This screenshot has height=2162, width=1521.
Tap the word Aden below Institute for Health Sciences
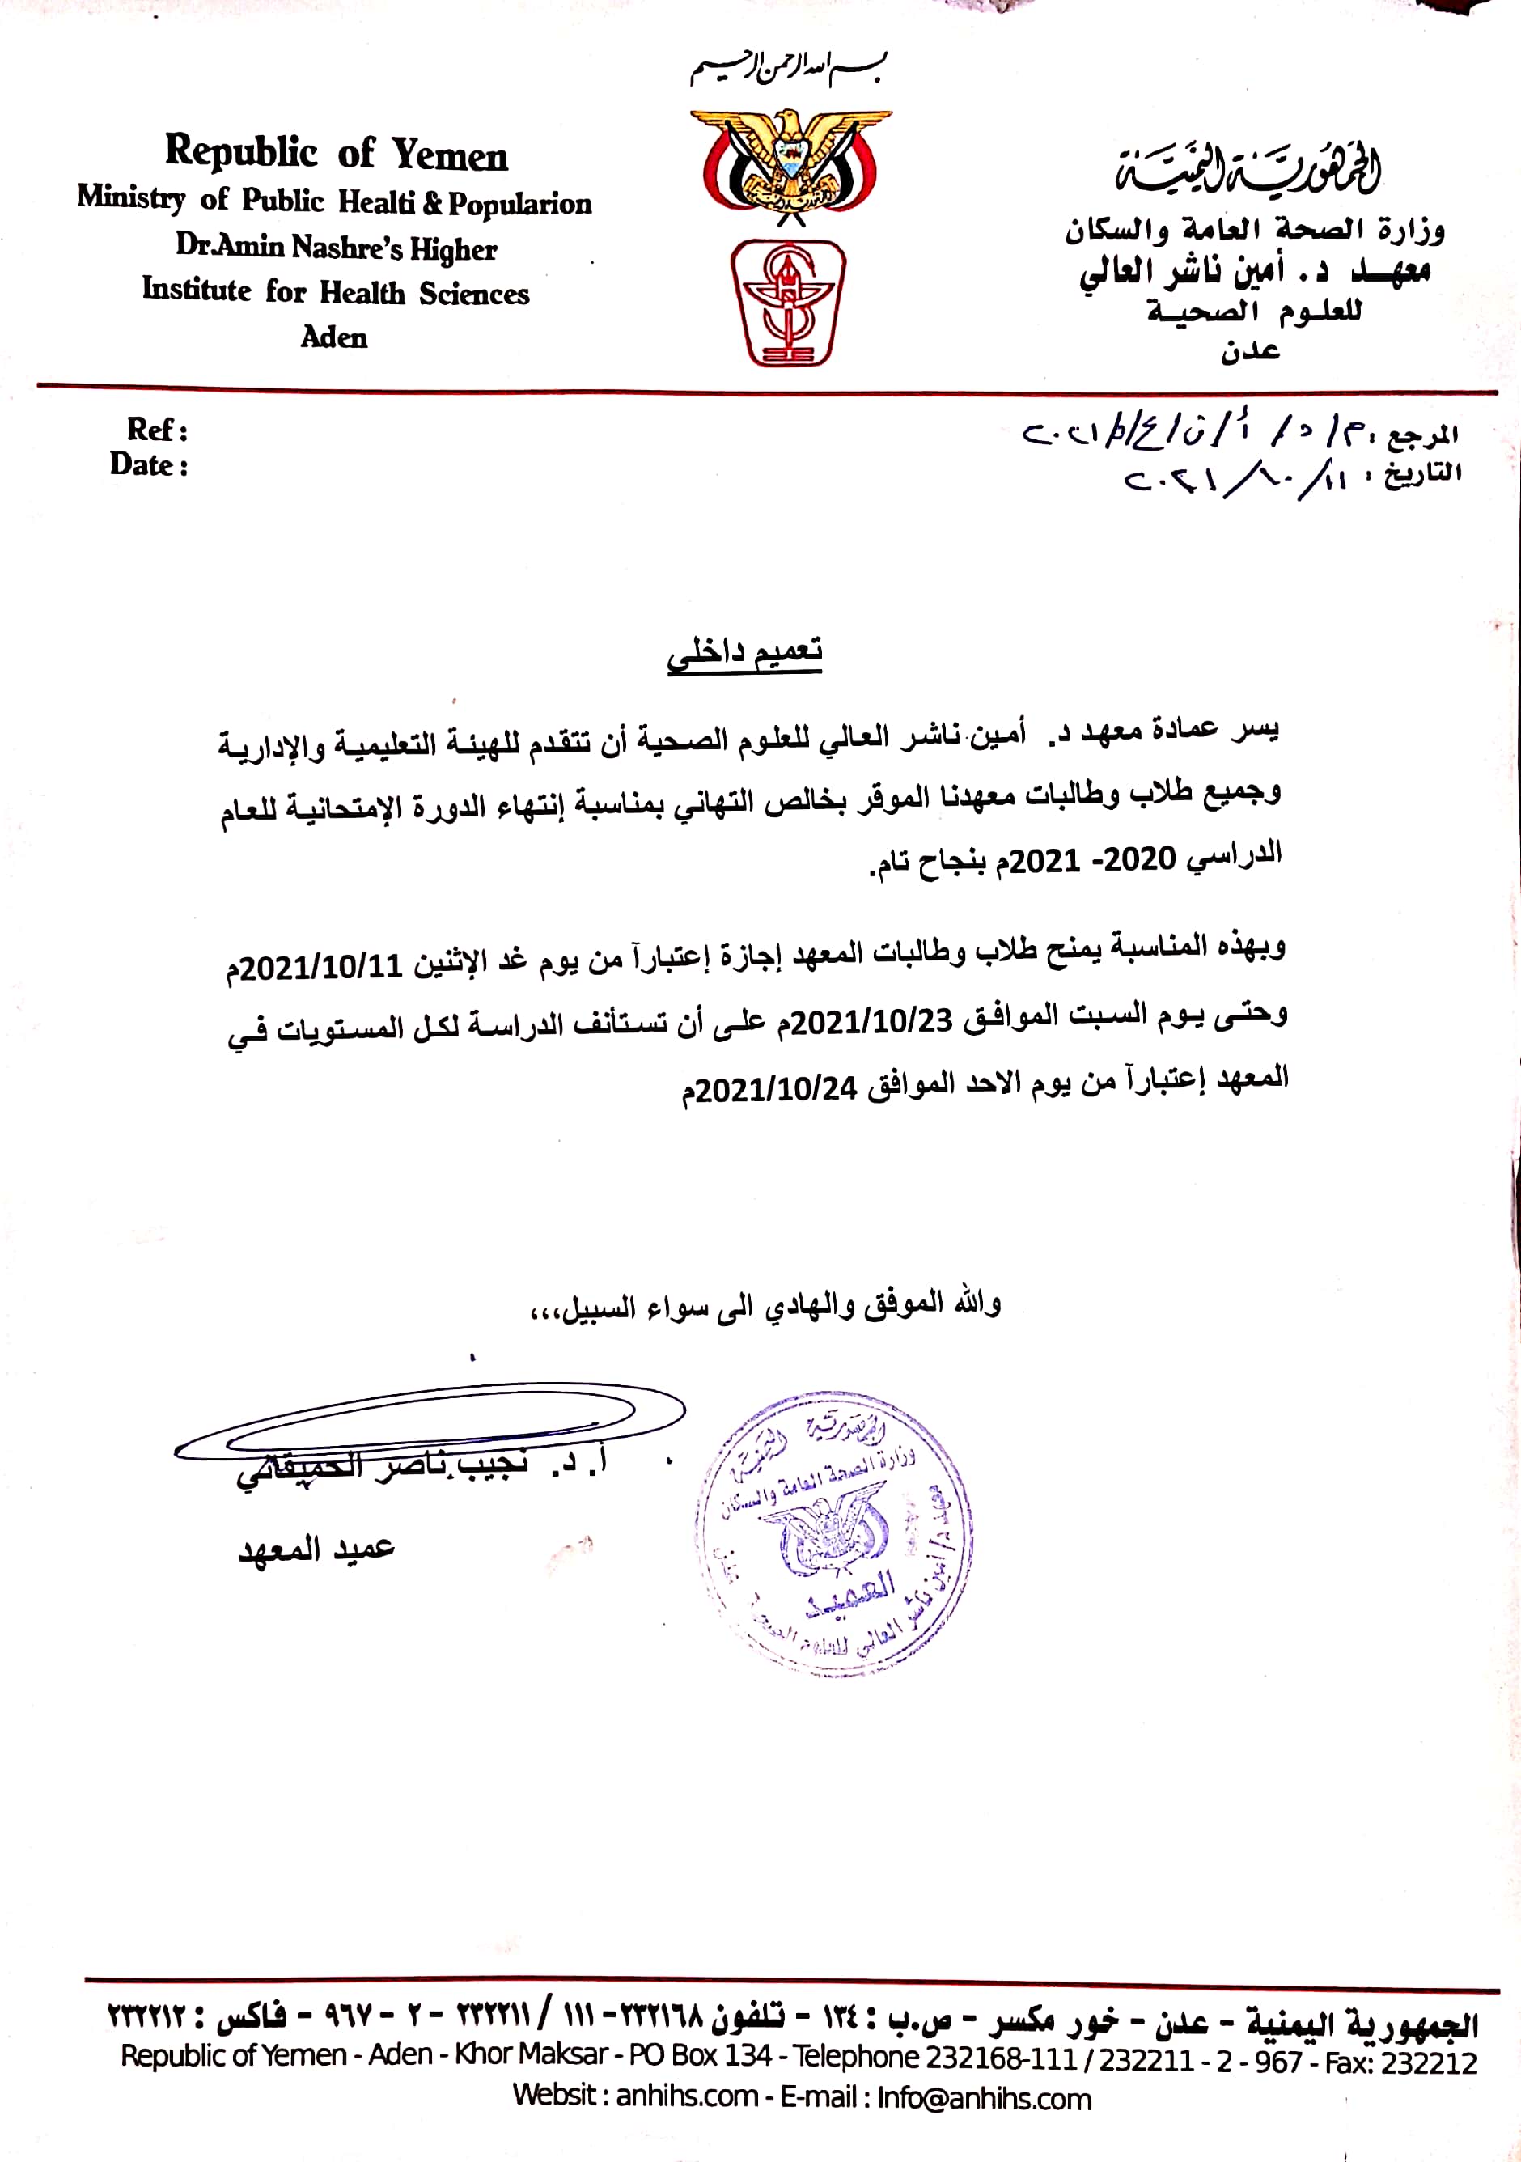334,337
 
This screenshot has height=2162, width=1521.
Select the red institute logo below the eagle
788,303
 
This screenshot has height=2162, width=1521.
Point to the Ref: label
157,430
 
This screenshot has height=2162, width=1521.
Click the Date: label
149,465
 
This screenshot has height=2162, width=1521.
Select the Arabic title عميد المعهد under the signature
316,1549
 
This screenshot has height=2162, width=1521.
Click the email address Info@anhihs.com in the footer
984,2098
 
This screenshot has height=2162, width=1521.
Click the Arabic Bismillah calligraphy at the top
790,69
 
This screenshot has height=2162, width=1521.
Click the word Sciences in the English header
475,294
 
